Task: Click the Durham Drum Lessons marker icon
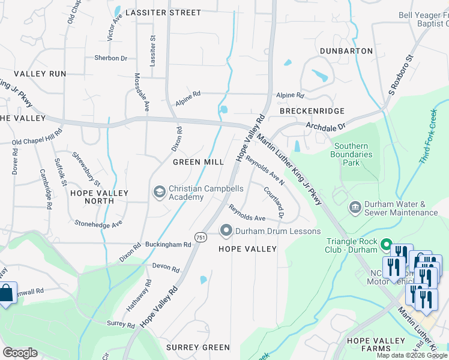226,230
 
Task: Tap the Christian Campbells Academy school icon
160,191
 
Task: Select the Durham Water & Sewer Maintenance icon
355,208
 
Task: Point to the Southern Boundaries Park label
355,154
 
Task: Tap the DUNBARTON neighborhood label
346,51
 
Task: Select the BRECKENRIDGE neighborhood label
312,111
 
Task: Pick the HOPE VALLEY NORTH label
99,197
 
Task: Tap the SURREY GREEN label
198,347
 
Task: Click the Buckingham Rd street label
168,245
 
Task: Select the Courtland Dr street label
273,201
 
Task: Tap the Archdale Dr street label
327,127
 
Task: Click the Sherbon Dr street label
110,58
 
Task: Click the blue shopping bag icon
6,293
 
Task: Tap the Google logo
20,353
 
